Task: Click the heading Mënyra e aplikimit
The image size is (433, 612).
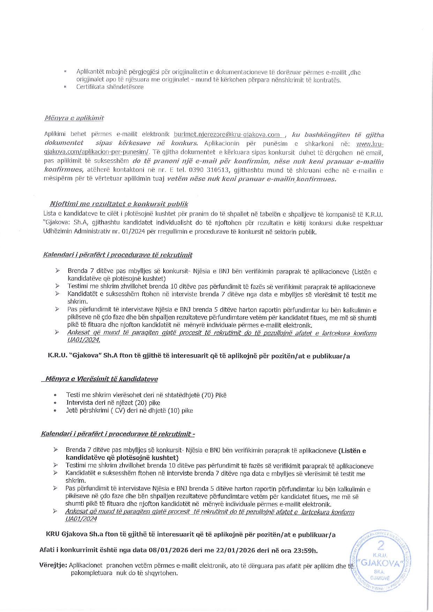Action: pos(74,118)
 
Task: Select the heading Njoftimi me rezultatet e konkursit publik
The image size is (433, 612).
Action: pos(119,204)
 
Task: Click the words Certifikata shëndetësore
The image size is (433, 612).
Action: pos(110,87)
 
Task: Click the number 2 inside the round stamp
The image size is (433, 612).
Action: pos(381,545)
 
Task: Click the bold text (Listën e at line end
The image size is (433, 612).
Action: pos(352,451)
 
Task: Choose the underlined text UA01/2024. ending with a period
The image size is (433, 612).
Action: pos(84,340)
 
